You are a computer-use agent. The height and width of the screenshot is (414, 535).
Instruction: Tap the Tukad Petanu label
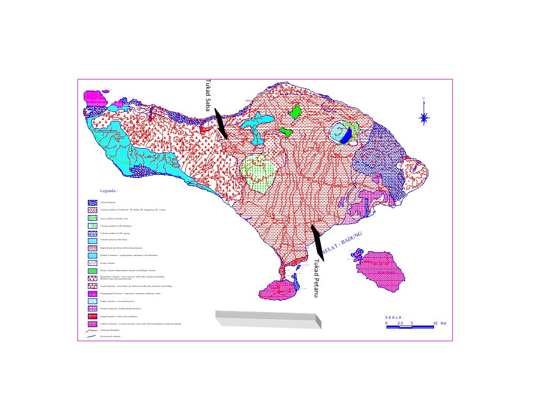(316, 278)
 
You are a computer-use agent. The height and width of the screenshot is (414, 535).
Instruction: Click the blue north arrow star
(424, 118)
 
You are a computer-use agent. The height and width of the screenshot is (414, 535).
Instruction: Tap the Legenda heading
(109, 191)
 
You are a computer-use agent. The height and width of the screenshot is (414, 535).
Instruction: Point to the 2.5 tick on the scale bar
(400, 323)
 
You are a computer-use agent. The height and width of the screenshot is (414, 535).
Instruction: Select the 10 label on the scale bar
(435, 323)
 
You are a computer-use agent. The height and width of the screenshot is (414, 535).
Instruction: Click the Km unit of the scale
(443, 323)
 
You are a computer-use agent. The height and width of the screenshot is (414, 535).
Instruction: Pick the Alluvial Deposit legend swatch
(92, 202)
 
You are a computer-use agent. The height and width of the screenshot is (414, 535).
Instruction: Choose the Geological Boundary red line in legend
(92, 331)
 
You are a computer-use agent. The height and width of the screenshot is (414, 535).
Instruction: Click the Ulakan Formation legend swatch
(92, 324)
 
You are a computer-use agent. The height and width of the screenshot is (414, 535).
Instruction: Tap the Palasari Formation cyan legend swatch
(92, 255)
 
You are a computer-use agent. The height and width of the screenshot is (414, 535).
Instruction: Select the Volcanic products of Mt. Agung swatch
(92, 232)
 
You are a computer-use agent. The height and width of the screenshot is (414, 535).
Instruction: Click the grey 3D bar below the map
(267, 318)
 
